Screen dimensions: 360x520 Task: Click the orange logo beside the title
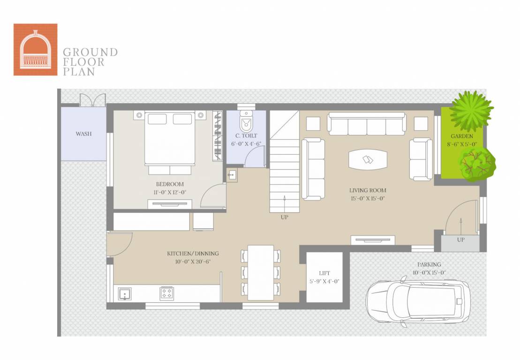35,49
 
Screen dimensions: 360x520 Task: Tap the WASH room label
83,134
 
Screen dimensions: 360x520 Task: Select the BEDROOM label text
170,184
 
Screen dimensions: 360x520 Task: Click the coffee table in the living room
368,160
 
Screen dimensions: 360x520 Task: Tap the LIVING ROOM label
368,190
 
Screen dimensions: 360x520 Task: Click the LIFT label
324,273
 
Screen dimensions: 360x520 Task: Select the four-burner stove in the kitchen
166,293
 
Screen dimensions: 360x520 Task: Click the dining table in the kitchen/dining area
261,272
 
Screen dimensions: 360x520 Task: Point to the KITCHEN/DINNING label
193,254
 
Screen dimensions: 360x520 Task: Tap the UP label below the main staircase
284,217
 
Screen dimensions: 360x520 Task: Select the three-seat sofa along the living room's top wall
367,124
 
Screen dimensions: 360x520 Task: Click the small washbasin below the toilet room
232,175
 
